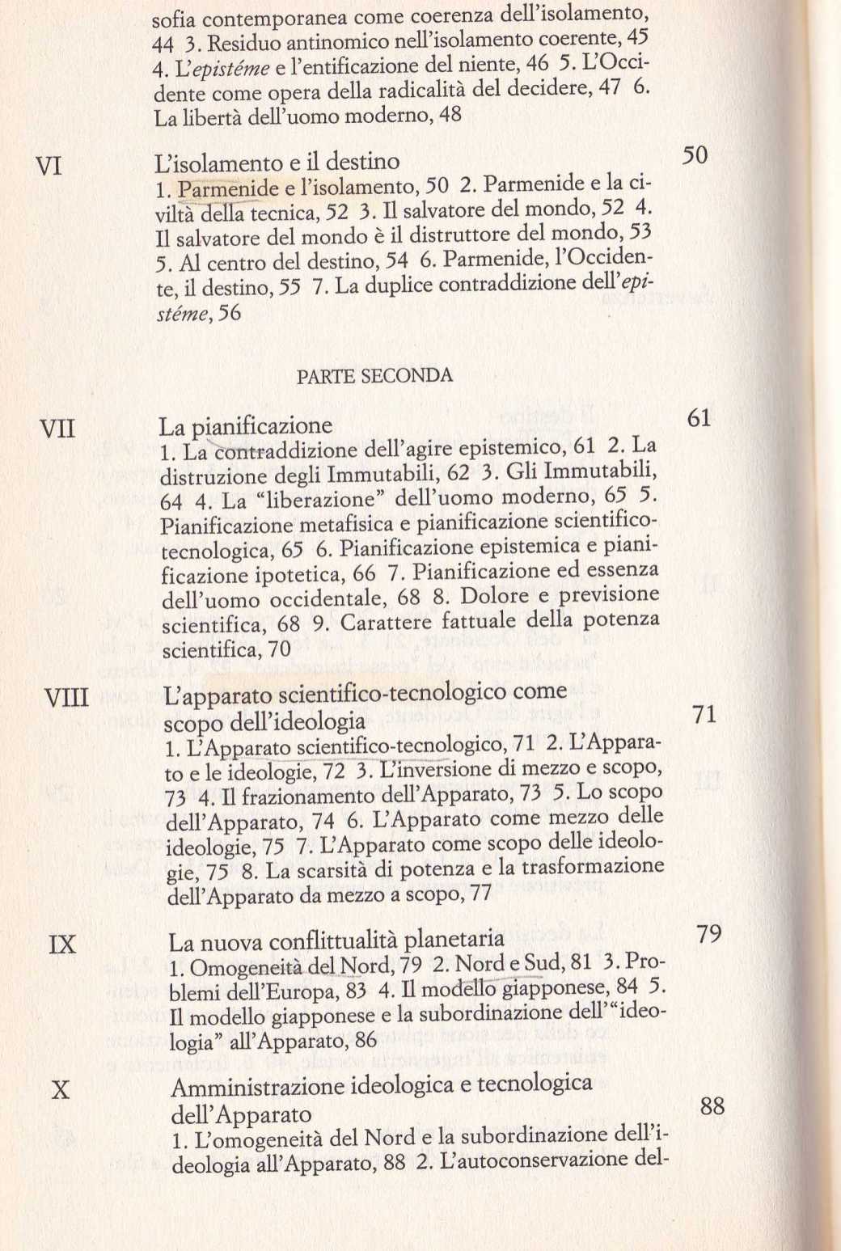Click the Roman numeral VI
pyautogui.click(x=49, y=167)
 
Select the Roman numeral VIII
pyautogui.click(x=66, y=697)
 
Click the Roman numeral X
pyautogui.click(x=61, y=1090)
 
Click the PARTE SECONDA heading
pyautogui.click(x=374, y=376)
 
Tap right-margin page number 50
pyautogui.click(x=695, y=155)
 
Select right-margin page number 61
pyautogui.click(x=699, y=417)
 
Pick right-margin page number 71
pyautogui.click(x=704, y=714)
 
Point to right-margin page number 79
pyautogui.click(x=708, y=935)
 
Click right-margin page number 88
pyautogui.click(x=712, y=1105)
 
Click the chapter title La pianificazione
pyautogui.click(x=246, y=426)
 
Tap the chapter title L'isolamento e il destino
pyautogui.click(x=277, y=163)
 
